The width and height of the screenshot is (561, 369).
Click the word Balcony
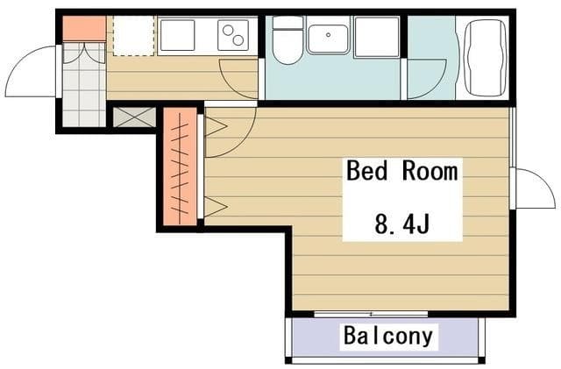click(388, 336)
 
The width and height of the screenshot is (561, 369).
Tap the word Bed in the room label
click(367, 171)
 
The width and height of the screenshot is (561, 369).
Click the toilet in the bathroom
click(288, 40)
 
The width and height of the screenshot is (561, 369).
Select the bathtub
click(486, 57)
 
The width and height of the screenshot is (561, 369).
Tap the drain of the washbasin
click(328, 35)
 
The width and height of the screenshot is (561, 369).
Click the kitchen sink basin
click(177, 35)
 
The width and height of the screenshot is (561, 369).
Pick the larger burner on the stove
click(238, 40)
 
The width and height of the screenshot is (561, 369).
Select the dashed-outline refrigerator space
click(134, 35)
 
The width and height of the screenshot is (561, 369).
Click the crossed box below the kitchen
click(134, 117)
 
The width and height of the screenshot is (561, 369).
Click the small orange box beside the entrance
click(84, 28)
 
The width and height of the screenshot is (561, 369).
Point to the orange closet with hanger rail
click(180, 167)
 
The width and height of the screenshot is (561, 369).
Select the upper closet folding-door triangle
click(216, 126)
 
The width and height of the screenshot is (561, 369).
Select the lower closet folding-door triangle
click(216, 207)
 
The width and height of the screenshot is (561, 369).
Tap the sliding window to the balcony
click(371, 315)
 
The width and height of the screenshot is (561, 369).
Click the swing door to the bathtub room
click(427, 79)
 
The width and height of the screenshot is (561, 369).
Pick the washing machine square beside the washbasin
click(376, 37)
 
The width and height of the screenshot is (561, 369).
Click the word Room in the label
click(430, 171)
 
